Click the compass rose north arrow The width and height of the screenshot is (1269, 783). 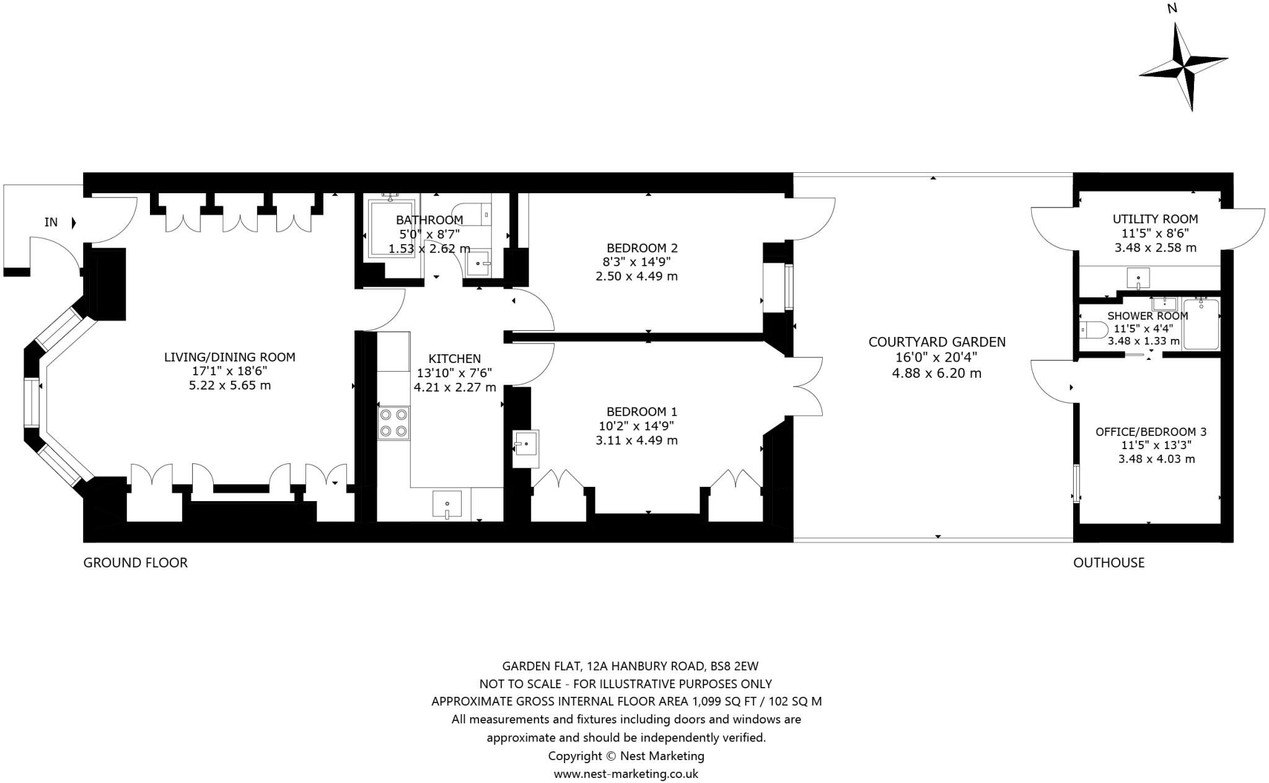coord(1183,65)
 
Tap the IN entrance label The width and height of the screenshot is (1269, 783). coord(51,222)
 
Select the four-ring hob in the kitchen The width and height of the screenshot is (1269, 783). coord(393,422)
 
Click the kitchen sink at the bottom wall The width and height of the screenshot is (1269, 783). coord(447,504)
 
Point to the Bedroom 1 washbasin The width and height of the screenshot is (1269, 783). coord(526,444)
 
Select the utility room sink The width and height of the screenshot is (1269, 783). coord(1138,278)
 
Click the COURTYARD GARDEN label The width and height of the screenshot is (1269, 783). coord(936,342)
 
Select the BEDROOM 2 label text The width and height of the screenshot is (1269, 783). coord(642,248)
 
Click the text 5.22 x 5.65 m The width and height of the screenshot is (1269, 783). coord(229,385)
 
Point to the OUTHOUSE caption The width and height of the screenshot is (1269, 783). coord(1109,562)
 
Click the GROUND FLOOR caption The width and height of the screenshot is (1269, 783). coord(135,562)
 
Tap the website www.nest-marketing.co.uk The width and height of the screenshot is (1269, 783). coord(625,774)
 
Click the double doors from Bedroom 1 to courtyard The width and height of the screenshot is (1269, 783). coord(807,387)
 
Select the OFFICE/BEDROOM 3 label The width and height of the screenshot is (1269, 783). coord(1151,432)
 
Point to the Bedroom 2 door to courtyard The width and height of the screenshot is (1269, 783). coord(812,218)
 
